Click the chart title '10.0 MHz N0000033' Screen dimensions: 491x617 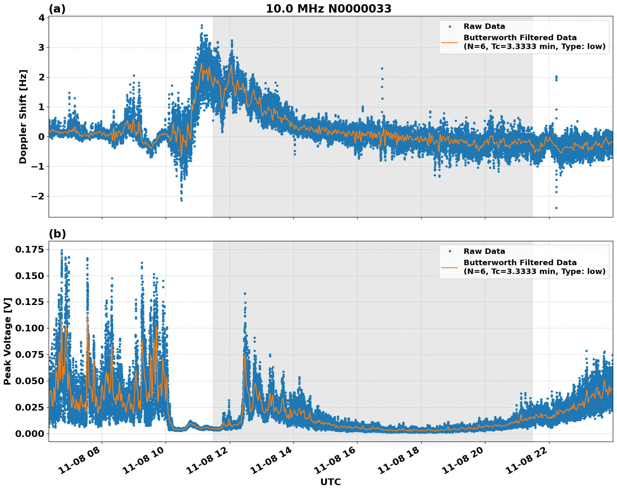point(329,9)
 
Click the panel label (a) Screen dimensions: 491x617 point(57,9)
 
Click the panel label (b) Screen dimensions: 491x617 point(57,234)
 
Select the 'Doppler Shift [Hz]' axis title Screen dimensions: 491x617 point(23,116)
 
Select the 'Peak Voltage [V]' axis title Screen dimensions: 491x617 point(8,341)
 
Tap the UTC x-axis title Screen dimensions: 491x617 point(330,482)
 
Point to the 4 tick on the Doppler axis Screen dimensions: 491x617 point(41,18)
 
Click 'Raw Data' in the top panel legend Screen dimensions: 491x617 point(484,26)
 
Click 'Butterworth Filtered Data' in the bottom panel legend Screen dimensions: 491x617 point(520,263)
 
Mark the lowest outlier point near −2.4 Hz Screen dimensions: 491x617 point(556,208)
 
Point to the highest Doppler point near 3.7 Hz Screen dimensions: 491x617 point(202,26)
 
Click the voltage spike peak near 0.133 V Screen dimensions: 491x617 point(245,294)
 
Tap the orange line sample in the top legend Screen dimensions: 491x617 point(450,42)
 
